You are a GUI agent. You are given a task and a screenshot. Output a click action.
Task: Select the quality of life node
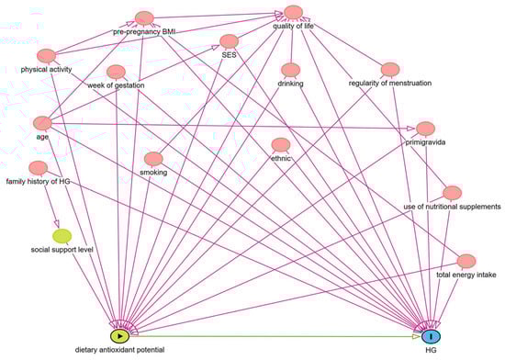(x=294, y=12)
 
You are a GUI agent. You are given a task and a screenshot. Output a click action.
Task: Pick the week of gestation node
(x=116, y=72)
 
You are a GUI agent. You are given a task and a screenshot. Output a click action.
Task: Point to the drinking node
(x=290, y=71)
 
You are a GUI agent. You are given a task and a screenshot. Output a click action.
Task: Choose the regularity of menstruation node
(x=389, y=70)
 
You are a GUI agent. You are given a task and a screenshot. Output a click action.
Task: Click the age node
(x=41, y=123)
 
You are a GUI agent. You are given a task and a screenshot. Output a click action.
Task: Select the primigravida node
(x=425, y=128)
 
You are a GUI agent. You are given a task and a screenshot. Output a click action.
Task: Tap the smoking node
(x=153, y=158)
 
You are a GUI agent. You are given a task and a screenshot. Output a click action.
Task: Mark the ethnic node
(x=281, y=145)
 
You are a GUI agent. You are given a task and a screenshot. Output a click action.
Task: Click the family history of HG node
(x=39, y=167)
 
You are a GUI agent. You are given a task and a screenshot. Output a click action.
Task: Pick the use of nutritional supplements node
(x=451, y=193)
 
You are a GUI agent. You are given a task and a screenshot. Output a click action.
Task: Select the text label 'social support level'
(x=64, y=250)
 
